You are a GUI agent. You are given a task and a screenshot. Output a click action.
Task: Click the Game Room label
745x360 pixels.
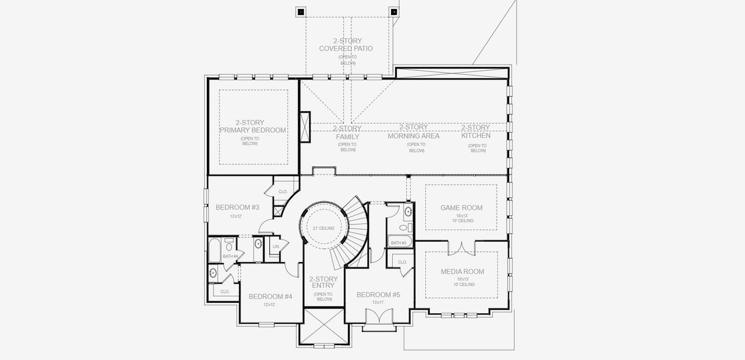[x=461, y=208]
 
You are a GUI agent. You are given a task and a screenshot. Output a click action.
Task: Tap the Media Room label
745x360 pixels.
[x=462, y=271]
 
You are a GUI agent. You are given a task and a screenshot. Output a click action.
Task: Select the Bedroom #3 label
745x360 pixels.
[x=237, y=208]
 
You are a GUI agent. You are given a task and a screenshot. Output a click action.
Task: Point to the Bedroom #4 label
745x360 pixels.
[x=270, y=296]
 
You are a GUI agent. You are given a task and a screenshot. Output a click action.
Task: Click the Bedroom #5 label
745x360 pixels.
[x=378, y=295]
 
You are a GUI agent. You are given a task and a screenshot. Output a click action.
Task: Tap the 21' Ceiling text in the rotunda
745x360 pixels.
[x=323, y=229]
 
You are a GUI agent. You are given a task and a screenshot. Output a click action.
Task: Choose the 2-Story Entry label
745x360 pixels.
[x=324, y=283]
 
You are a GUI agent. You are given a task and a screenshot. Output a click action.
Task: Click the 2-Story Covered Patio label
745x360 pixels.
[x=345, y=44]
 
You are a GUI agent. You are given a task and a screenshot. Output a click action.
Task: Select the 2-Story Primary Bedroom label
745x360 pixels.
[x=252, y=126]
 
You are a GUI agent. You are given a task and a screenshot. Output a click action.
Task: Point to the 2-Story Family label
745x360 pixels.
[x=347, y=133]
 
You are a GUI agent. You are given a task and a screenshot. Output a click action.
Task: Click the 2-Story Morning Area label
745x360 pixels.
[x=413, y=131]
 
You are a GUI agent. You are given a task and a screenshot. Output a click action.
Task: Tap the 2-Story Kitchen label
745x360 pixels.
[x=476, y=131]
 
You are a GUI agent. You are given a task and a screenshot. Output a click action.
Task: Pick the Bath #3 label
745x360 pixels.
[x=398, y=243]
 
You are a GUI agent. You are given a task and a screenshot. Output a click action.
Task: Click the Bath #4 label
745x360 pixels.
[x=231, y=257]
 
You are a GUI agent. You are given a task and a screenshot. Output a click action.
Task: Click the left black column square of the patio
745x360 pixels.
[x=301, y=11]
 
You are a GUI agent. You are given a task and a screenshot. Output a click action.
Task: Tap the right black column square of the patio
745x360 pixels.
[x=393, y=11]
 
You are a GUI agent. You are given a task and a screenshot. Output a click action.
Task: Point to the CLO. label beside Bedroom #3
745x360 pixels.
[x=283, y=192]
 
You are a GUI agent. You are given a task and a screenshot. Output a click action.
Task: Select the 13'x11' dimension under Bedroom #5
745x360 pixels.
[x=378, y=302]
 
